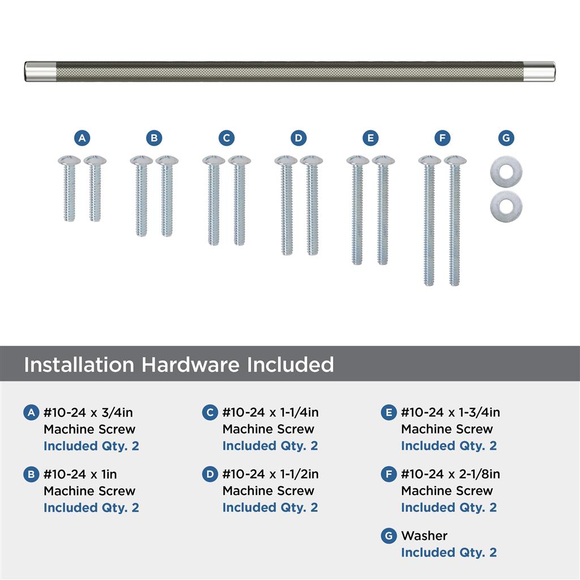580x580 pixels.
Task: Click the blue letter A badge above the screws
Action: click(x=82, y=138)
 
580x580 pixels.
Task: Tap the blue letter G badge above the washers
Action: click(x=506, y=138)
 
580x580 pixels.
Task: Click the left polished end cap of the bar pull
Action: click(x=40, y=71)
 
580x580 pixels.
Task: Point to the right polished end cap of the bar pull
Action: click(x=540, y=71)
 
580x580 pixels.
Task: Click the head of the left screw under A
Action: click(x=69, y=160)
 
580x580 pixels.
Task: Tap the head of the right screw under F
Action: click(x=455, y=160)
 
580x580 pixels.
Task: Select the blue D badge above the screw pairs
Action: click(x=298, y=138)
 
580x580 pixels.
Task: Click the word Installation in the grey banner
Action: click(x=79, y=364)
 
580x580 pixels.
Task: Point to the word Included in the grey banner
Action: click(x=291, y=364)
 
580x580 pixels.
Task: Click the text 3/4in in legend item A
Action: click(x=117, y=412)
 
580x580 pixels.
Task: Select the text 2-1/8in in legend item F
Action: click(x=479, y=474)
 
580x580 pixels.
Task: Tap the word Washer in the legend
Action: click(x=424, y=536)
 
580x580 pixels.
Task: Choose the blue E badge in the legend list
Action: click(x=389, y=412)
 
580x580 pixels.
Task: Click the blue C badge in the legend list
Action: click(x=210, y=412)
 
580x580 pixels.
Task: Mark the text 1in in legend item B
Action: click(x=109, y=474)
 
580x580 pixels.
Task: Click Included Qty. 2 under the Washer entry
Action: click(x=449, y=553)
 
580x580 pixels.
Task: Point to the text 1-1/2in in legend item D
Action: click(x=299, y=474)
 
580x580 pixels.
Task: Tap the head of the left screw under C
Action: click(x=214, y=160)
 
